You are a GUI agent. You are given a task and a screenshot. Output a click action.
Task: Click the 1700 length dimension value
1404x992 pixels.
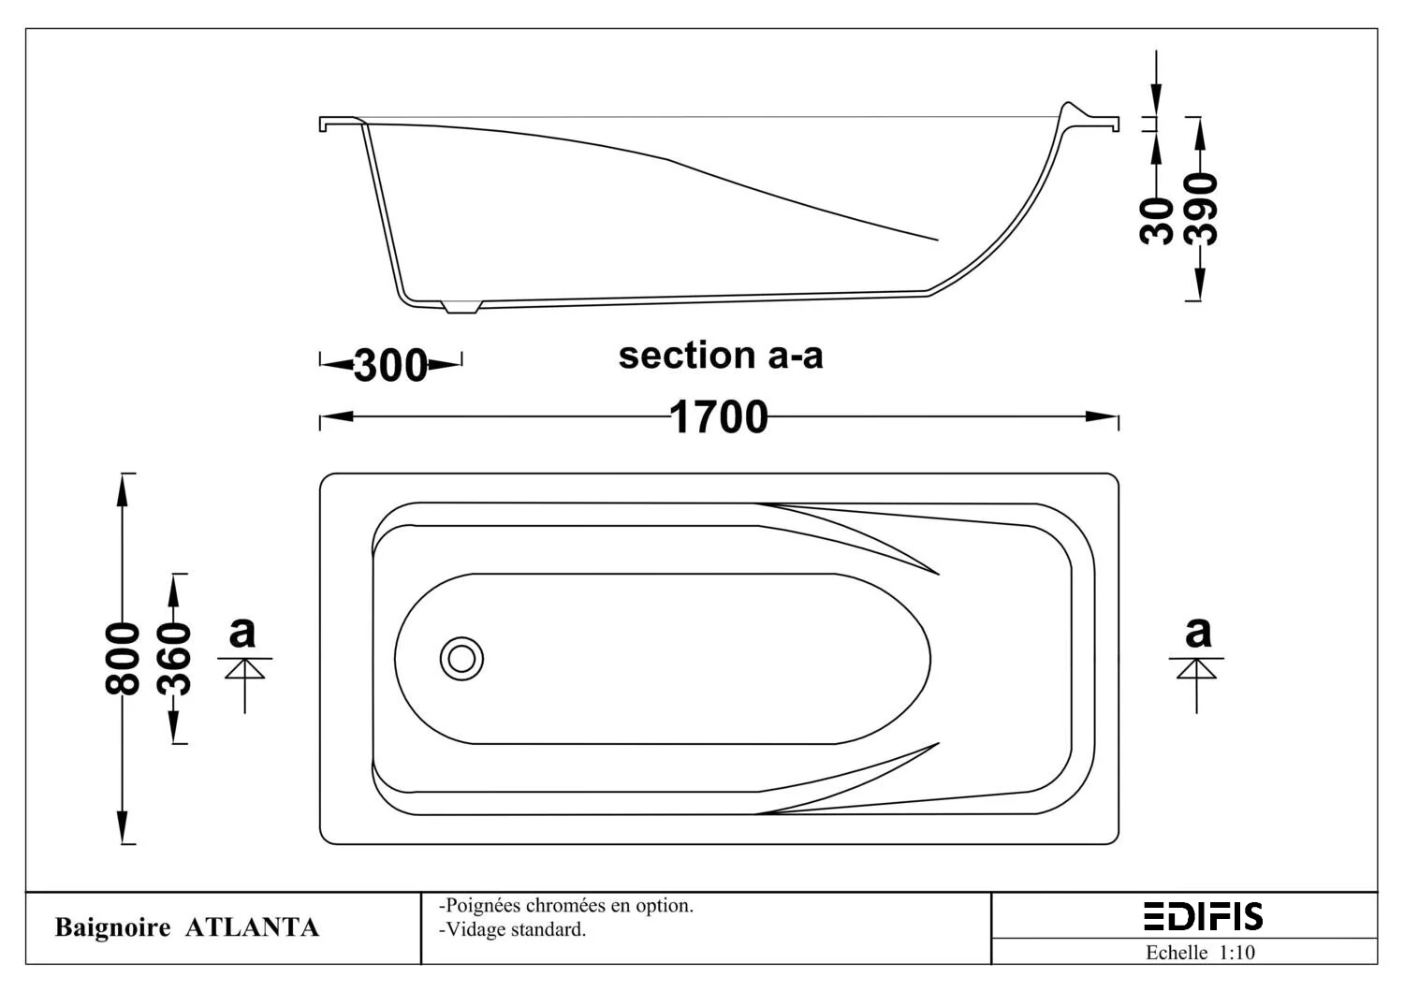tap(718, 416)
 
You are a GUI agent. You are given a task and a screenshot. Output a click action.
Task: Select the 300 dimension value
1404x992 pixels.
tap(390, 365)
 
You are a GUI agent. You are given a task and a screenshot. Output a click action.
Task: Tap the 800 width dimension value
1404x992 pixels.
tap(123, 659)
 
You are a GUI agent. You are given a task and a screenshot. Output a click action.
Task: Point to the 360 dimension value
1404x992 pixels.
tap(173, 659)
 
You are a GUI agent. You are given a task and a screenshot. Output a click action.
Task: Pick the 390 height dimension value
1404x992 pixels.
tap(1200, 210)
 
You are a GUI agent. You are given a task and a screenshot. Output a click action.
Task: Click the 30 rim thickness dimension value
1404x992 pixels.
tap(1156, 221)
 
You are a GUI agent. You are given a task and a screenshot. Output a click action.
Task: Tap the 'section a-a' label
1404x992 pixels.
tap(721, 356)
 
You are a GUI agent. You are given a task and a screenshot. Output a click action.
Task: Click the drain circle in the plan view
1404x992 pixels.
tap(462, 659)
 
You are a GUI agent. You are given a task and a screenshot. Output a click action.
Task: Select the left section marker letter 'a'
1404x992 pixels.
tap(241, 633)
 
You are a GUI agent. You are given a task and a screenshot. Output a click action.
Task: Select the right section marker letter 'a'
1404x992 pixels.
tap(1198, 633)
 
